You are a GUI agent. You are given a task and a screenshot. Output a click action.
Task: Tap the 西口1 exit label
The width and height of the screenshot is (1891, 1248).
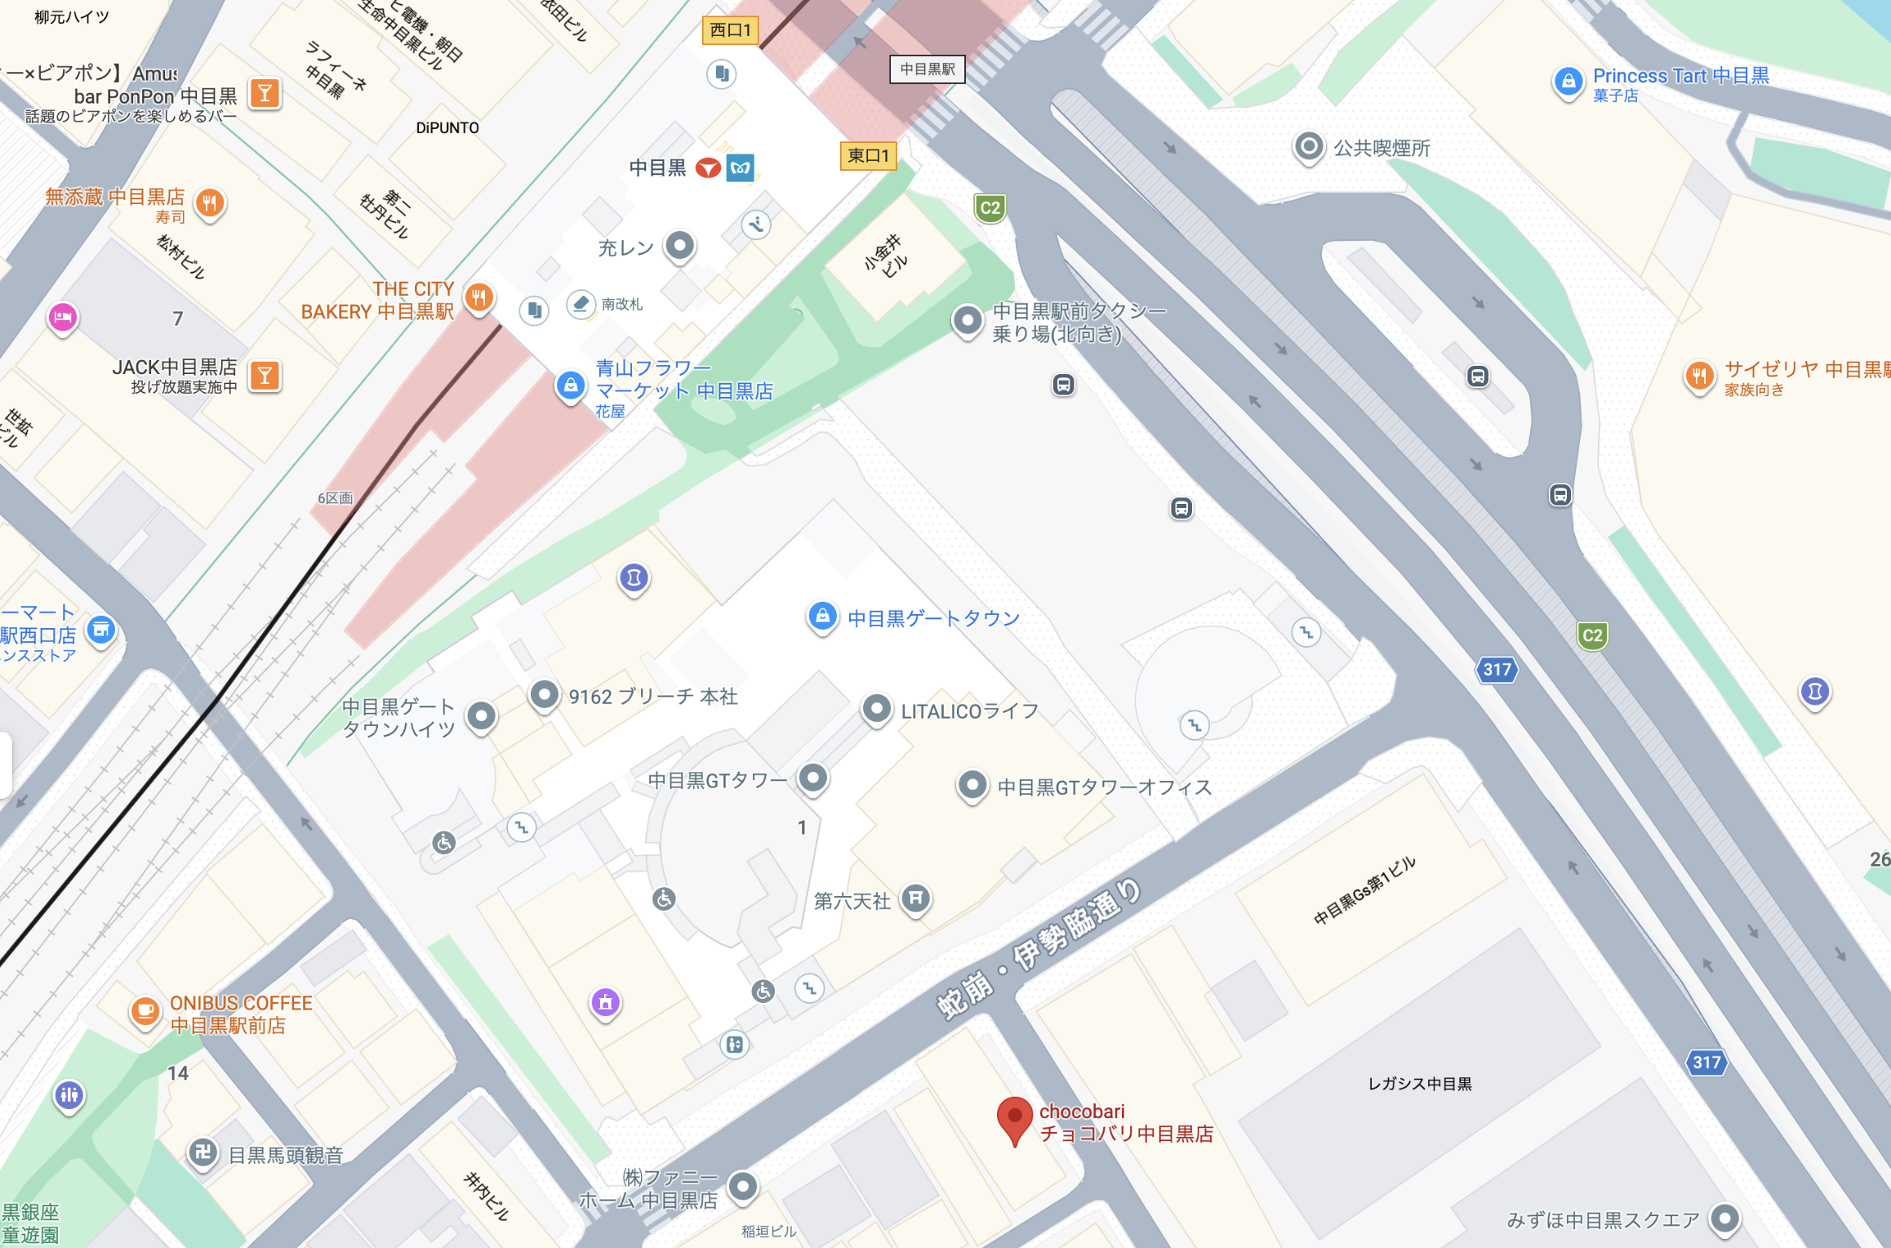point(730,30)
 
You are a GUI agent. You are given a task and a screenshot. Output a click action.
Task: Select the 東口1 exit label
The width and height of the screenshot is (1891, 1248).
point(868,155)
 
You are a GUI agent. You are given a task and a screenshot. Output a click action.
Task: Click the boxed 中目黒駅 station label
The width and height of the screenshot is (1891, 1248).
point(928,69)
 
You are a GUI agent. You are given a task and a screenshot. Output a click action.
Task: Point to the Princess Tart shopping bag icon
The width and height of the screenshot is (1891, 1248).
point(1568,82)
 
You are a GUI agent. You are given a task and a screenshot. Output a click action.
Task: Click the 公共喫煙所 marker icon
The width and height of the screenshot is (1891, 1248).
point(1309,147)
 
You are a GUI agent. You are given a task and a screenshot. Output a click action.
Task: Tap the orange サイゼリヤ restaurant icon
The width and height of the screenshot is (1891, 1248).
point(1699,376)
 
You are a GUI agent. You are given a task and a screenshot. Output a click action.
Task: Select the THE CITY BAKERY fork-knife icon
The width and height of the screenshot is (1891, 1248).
point(479,297)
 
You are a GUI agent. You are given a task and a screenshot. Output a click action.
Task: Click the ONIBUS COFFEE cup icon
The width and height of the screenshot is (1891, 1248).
point(145,1011)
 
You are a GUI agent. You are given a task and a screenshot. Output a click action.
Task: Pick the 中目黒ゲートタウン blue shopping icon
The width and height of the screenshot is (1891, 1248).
point(822,617)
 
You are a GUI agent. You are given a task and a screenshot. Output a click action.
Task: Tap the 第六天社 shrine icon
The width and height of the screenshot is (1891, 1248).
point(916,898)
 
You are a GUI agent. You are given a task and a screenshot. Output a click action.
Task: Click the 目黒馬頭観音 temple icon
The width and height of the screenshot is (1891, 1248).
point(202,1152)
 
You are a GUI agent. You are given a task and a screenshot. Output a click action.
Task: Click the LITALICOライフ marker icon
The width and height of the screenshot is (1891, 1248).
point(877,708)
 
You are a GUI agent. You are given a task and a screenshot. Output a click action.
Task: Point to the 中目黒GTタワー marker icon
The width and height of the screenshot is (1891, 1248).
point(813,777)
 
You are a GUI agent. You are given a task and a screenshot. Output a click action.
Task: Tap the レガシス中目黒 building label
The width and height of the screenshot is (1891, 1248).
point(1419,1084)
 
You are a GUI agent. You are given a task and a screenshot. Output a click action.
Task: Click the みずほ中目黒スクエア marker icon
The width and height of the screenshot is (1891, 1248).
point(1724,1219)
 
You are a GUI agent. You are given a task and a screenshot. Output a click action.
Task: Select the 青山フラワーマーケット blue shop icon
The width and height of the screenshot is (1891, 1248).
point(571,385)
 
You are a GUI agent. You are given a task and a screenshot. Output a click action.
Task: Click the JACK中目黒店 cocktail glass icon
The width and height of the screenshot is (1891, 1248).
point(265,376)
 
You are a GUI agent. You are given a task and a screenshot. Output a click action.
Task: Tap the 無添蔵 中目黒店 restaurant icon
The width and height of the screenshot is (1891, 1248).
point(210,202)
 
